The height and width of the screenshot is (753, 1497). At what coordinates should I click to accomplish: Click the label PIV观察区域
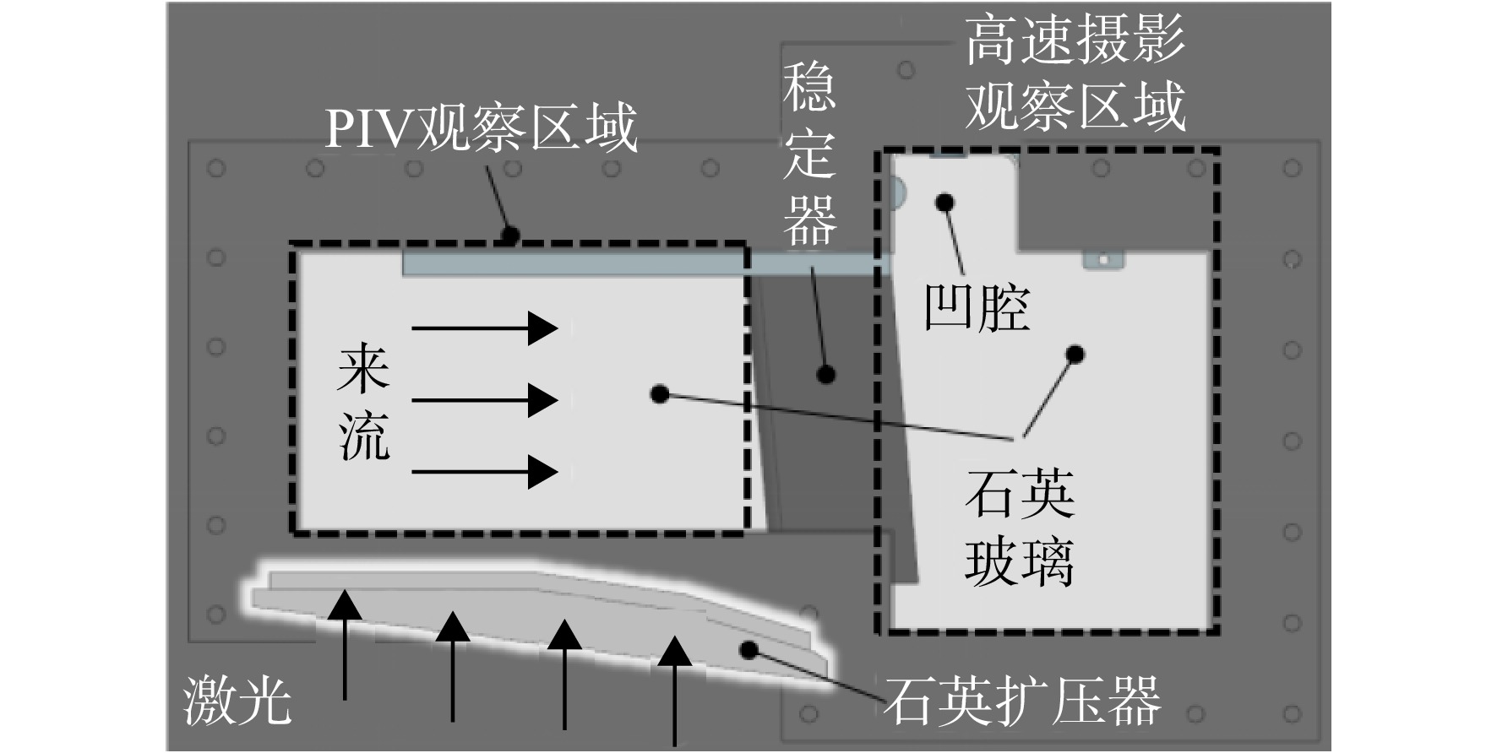pyautogui.click(x=481, y=128)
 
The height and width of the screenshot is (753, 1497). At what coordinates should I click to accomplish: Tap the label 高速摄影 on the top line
pyautogui.click(x=1075, y=41)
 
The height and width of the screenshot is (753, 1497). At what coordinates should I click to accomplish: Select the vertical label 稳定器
pyautogui.click(x=809, y=154)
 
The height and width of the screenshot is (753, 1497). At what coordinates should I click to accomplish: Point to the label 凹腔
pyautogui.click(x=977, y=307)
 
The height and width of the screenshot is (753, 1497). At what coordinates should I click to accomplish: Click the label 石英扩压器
pyautogui.click(x=1022, y=701)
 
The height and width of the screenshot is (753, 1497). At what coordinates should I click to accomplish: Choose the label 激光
pyautogui.click(x=237, y=701)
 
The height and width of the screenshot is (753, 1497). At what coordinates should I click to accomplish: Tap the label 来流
pyautogui.click(x=363, y=403)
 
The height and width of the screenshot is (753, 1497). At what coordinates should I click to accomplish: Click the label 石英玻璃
pyautogui.click(x=1020, y=528)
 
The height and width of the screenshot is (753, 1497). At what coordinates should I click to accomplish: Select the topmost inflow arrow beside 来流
pyautogui.click(x=485, y=328)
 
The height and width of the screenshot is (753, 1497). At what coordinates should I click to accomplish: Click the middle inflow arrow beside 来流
pyautogui.click(x=485, y=399)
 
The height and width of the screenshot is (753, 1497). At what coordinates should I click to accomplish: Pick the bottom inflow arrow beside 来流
pyautogui.click(x=485, y=471)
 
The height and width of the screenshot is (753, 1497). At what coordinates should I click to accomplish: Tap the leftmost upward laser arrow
pyautogui.click(x=345, y=644)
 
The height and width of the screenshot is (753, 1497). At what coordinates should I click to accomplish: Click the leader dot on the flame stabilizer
pyautogui.click(x=826, y=374)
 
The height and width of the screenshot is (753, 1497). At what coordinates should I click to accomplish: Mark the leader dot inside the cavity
pyautogui.click(x=945, y=203)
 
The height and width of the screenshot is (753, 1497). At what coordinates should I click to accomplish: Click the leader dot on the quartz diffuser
pyautogui.click(x=748, y=649)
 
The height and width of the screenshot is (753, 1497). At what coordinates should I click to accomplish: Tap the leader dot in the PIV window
pyautogui.click(x=660, y=393)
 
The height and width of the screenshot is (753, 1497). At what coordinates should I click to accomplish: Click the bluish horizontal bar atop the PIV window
pyautogui.click(x=646, y=264)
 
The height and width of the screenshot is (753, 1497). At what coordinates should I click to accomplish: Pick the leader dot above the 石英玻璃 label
pyautogui.click(x=1075, y=354)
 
